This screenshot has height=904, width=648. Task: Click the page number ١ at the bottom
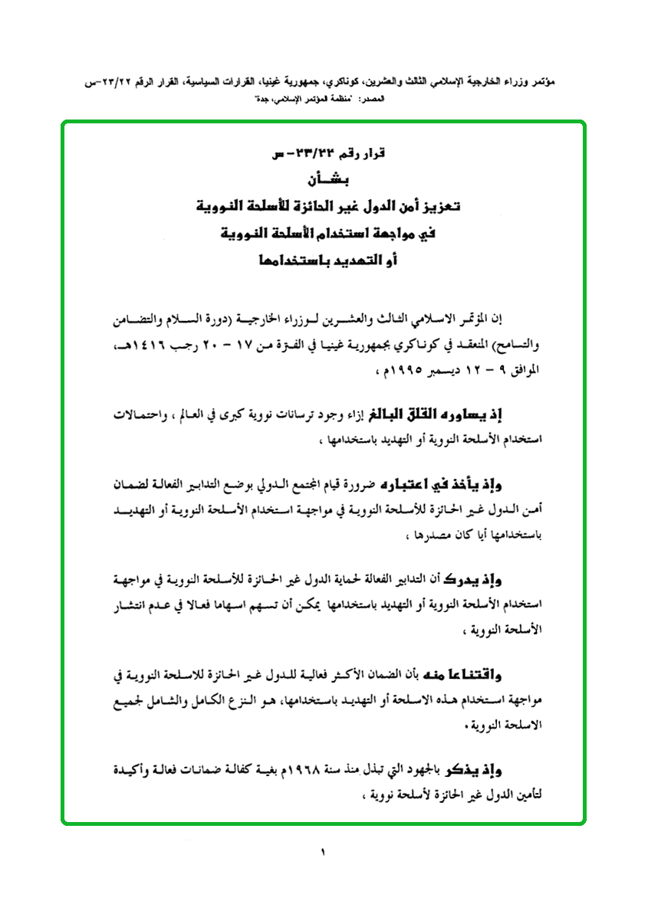(324, 851)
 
